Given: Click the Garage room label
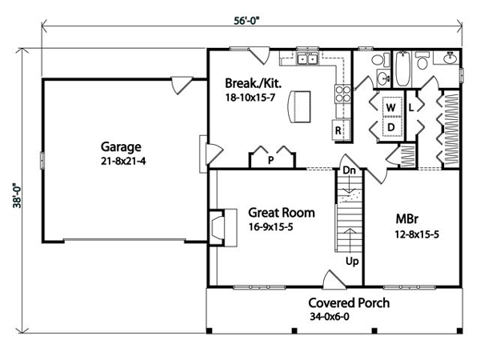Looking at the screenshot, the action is (121, 147).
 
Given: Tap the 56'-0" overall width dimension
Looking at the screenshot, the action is (246, 21).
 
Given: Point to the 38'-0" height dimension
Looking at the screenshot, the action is (17, 196).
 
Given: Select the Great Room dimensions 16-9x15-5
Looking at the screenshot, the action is (270, 227).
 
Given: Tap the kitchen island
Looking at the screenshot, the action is (298, 106).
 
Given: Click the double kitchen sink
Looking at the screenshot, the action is (307, 58).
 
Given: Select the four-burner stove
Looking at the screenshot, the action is (343, 94).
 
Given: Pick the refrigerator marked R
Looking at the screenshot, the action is (341, 130).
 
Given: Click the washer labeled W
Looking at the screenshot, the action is (391, 107).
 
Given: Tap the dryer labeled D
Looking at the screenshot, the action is (391, 126).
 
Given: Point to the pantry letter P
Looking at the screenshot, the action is (270, 160).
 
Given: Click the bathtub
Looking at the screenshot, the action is (403, 69).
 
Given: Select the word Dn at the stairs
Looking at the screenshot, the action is (350, 170).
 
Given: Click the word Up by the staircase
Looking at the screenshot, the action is (352, 262).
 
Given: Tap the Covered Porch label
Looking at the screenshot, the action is (349, 302).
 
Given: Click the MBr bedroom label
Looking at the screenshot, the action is (407, 219).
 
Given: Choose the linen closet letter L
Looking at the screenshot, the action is (411, 107).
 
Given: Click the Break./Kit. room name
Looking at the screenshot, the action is (253, 83).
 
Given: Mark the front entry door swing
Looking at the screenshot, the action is (334, 279).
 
